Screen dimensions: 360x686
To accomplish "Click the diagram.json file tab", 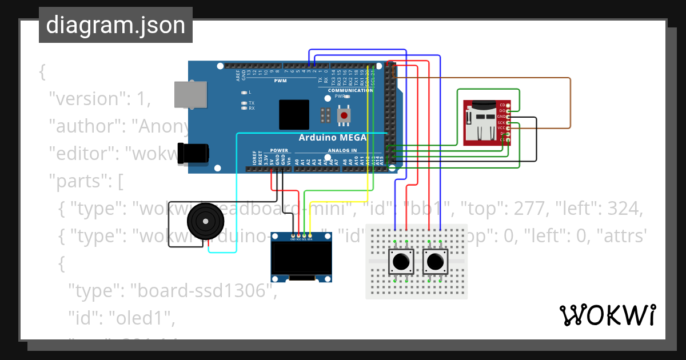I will pyautogui.click(x=115, y=25).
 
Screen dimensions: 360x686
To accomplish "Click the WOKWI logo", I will pyautogui.click(x=607, y=315).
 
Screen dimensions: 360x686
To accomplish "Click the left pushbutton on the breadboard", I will pyautogui.click(x=401, y=262).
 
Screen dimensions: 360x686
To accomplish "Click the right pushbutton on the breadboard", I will pyautogui.click(x=435, y=262).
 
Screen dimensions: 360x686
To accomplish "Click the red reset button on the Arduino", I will pyautogui.click(x=344, y=116).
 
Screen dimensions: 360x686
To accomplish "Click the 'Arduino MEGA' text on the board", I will pyautogui.click(x=333, y=138).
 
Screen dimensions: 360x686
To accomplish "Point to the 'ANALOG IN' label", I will pyautogui.click(x=342, y=151).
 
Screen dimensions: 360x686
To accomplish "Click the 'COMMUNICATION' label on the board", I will pyautogui.click(x=350, y=90).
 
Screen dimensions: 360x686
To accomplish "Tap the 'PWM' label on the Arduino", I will pyautogui.click(x=280, y=81).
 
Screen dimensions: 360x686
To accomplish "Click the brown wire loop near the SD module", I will pyautogui.click(x=570, y=103).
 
